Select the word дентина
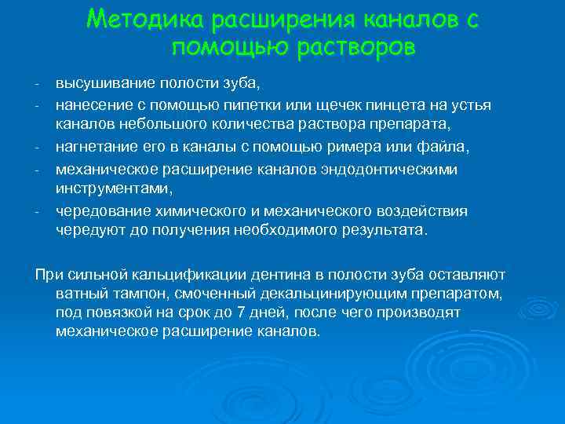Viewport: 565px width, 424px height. [273, 274]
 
